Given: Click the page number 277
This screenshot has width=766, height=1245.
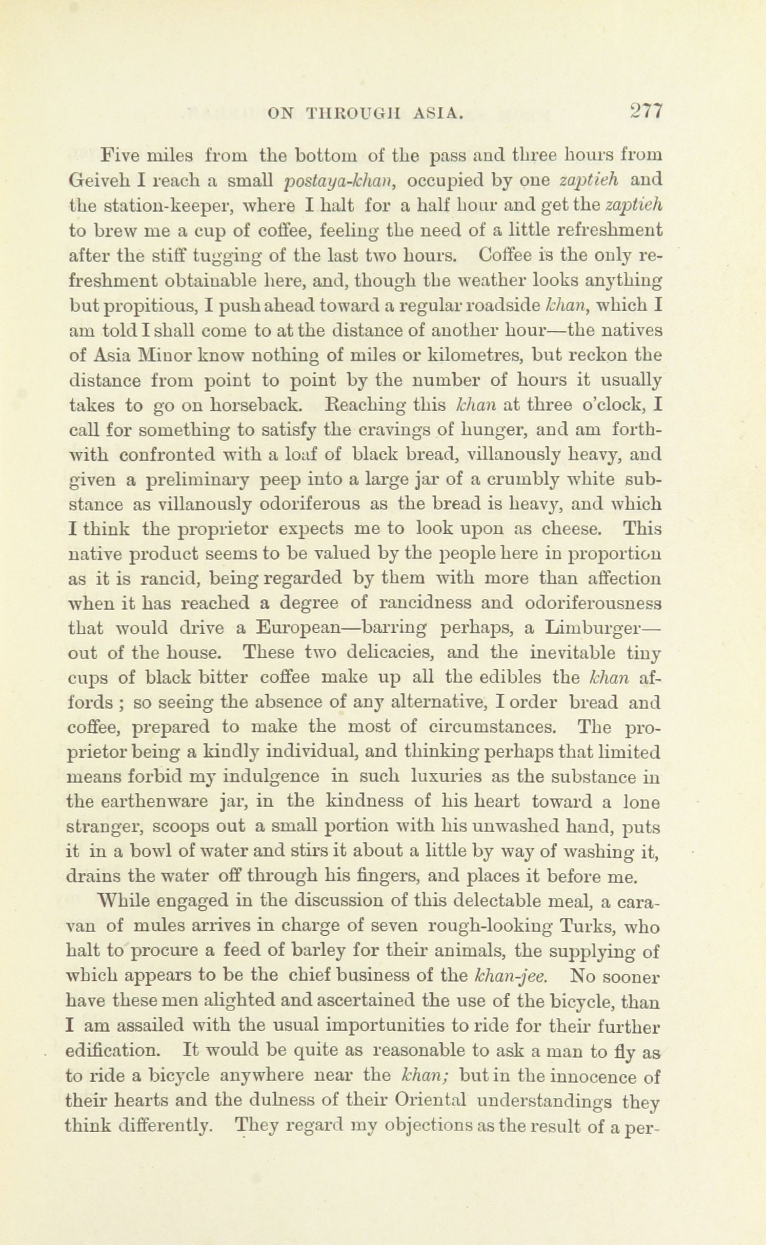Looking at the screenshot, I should (647, 111).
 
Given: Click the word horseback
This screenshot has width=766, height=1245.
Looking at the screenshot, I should (256, 405).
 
